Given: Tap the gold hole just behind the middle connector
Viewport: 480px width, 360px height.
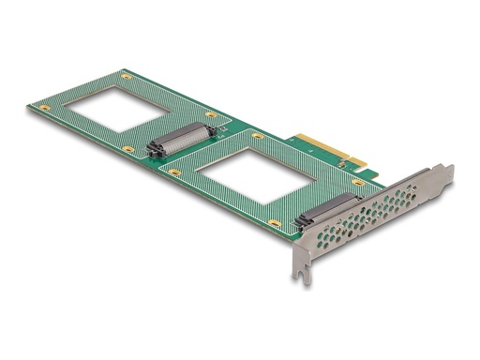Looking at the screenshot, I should tap(212, 116).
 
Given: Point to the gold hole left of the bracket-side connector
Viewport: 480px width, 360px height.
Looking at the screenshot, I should tap(273, 222).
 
